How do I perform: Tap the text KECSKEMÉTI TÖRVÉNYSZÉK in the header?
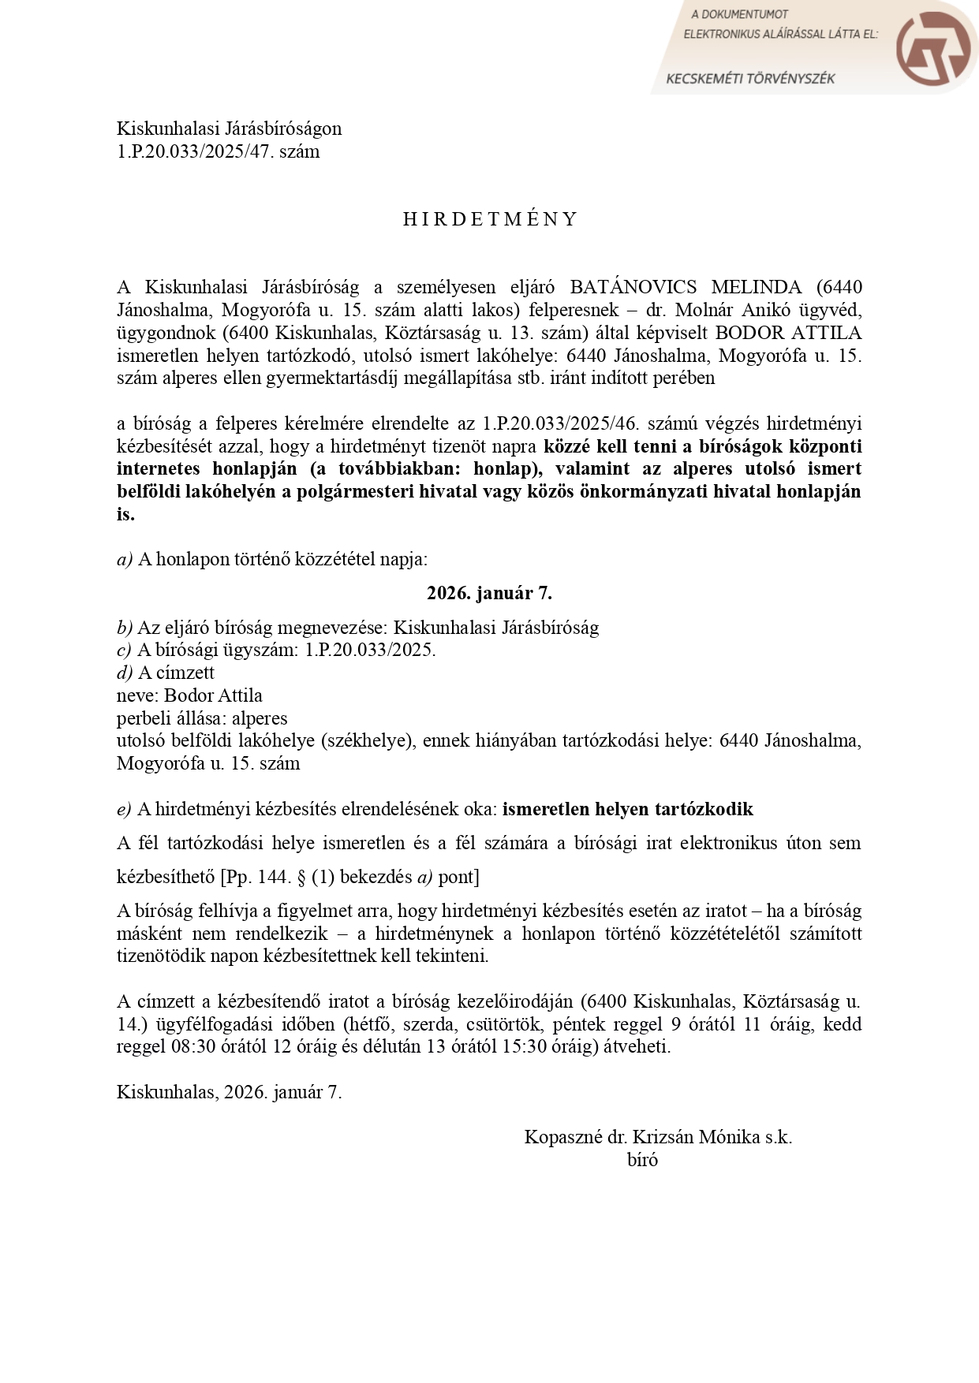click(750, 79)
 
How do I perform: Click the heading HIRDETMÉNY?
click(490, 219)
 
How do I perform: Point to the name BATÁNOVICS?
click(633, 287)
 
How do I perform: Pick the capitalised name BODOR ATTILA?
click(788, 333)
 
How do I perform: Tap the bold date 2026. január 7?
click(489, 593)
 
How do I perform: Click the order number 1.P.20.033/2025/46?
click(560, 423)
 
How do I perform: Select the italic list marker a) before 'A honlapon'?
click(125, 560)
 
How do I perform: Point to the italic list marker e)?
click(124, 810)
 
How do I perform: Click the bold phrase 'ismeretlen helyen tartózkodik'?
click(627, 809)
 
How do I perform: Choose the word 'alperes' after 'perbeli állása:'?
click(260, 718)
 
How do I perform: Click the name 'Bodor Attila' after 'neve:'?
click(213, 695)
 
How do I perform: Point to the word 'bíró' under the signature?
click(642, 1160)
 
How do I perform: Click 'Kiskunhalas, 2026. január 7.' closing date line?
click(229, 1092)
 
